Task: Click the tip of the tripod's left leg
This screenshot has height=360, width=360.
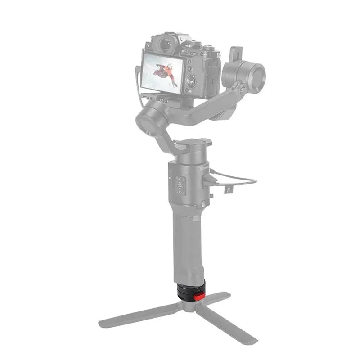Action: coord(103,323)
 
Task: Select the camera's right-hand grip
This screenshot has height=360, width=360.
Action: coord(213,74)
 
